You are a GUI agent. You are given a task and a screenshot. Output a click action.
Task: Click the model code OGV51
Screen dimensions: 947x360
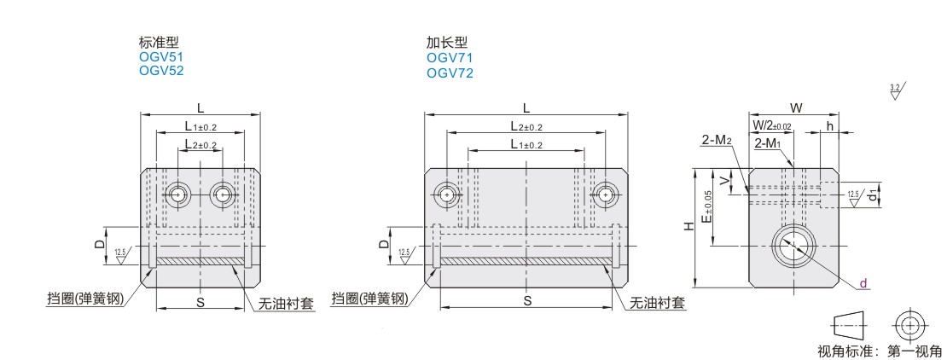[x=160, y=57]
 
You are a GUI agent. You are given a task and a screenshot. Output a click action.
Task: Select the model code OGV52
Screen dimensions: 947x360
[x=161, y=71]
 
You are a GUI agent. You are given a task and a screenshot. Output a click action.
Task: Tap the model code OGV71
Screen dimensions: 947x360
[x=450, y=58]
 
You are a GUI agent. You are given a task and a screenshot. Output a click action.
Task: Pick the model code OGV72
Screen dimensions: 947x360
[x=450, y=73]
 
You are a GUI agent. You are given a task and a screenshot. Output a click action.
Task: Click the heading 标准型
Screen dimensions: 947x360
[x=159, y=43]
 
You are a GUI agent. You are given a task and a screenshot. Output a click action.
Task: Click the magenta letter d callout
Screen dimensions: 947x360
[x=863, y=283]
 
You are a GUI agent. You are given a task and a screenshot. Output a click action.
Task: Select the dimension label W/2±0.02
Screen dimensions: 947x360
[x=773, y=125]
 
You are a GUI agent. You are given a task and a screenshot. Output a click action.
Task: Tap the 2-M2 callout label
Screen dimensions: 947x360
[x=717, y=141]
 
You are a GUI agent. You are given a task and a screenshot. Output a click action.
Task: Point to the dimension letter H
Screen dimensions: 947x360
[x=688, y=227]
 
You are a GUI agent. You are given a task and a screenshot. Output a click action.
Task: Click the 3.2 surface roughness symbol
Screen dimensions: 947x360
[x=894, y=92]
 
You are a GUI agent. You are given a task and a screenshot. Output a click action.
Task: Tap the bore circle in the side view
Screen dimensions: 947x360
[x=793, y=246]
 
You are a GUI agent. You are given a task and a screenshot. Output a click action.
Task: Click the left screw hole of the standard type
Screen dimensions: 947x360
[x=177, y=195]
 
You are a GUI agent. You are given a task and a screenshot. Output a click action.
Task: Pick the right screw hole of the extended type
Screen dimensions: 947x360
[x=605, y=194]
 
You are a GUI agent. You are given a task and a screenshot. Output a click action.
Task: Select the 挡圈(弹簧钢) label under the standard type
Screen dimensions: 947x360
[x=85, y=299]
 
